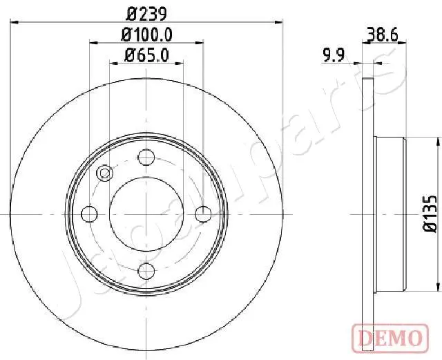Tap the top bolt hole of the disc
146,158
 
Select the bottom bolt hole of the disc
146,270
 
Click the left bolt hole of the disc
89,214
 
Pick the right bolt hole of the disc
202,214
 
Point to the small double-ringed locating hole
105,173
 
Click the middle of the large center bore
146,214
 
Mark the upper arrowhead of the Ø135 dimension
438,142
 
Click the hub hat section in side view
388,214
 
